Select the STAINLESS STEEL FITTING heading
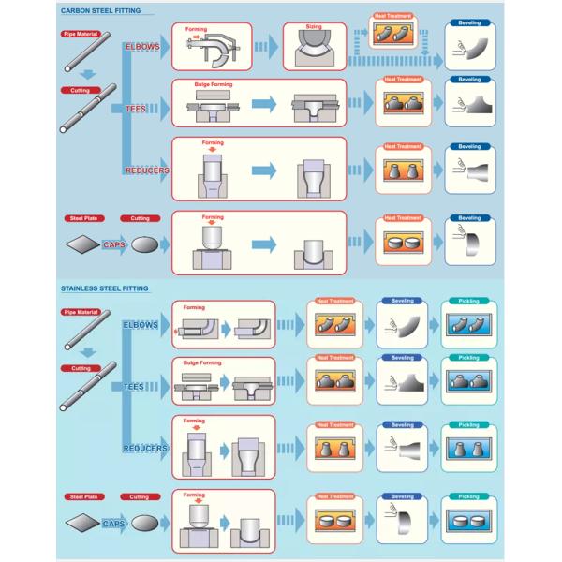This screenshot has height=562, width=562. [x=104, y=288]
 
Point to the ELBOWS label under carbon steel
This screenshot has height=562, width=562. [x=145, y=46]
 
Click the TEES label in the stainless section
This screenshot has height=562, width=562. [x=135, y=386]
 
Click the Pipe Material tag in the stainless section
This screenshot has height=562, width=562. [x=81, y=312]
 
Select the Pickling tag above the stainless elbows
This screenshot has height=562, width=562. [x=467, y=301]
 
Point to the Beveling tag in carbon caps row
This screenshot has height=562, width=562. [x=469, y=218]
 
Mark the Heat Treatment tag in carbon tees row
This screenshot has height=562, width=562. [x=403, y=80]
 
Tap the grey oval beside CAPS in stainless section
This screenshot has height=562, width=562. [x=144, y=525]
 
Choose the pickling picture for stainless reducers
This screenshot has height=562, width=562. [x=467, y=449]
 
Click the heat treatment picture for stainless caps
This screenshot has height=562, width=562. [x=334, y=522]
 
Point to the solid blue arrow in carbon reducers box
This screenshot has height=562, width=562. [x=265, y=170]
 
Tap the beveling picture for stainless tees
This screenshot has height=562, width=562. [x=402, y=383]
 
